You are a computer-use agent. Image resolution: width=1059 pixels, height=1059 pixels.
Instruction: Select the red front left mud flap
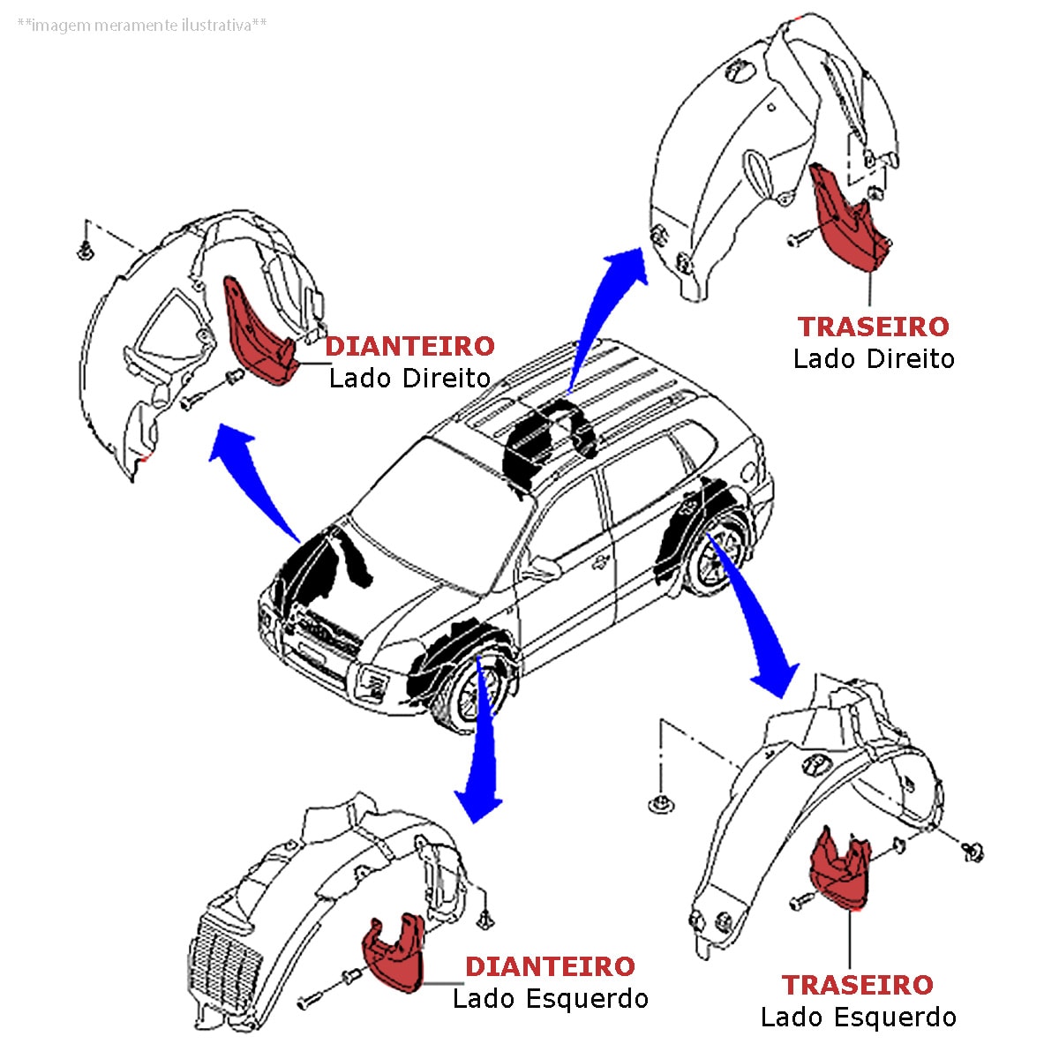click(394, 953)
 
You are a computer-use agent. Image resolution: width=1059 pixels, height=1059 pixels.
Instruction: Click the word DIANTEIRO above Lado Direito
click(410, 346)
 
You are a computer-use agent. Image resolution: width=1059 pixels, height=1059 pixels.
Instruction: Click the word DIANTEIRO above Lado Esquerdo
click(550, 966)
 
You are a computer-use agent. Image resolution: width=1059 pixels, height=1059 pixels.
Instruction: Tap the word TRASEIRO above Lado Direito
click(874, 327)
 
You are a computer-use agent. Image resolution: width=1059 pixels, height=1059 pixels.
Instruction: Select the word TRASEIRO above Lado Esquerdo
click(858, 985)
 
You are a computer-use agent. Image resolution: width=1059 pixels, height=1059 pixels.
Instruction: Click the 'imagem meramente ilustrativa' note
click(142, 26)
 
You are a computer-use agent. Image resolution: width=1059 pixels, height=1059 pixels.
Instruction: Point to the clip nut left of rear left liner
click(659, 803)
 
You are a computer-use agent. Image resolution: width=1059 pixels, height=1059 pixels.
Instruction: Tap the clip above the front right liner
click(86, 252)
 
